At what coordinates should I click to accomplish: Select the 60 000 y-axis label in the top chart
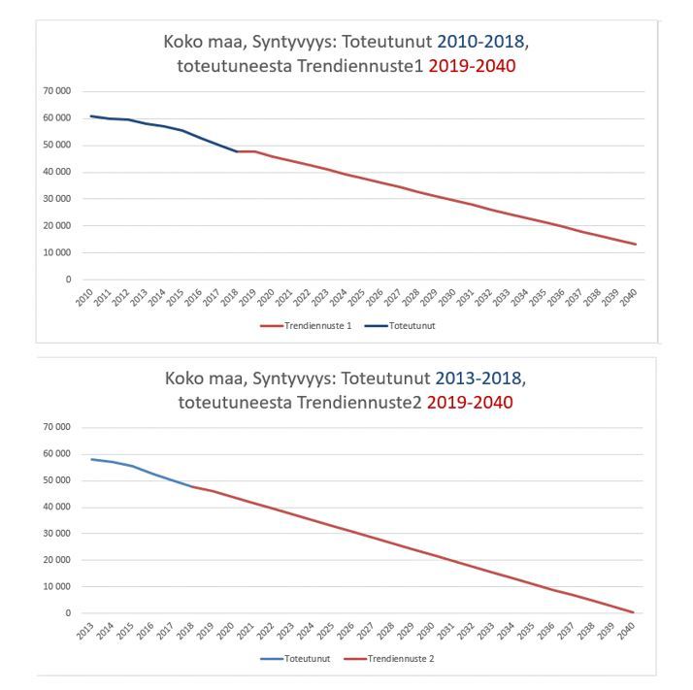click(x=55, y=118)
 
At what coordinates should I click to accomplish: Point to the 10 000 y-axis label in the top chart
click(x=55, y=253)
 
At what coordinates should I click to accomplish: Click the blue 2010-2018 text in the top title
click(x=480, y=42)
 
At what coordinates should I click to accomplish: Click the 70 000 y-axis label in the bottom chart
click(x=55, y=427)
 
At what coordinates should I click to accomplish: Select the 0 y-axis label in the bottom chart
click(x=68, y=613)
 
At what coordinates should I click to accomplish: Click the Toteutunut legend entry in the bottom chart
click(x=307, y=659)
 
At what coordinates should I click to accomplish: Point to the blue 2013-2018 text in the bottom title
click(x=480, y=378)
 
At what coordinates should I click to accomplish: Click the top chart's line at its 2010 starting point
click(x=90, y=116)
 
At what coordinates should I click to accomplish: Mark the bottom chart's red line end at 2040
click(x=634, y=612)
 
